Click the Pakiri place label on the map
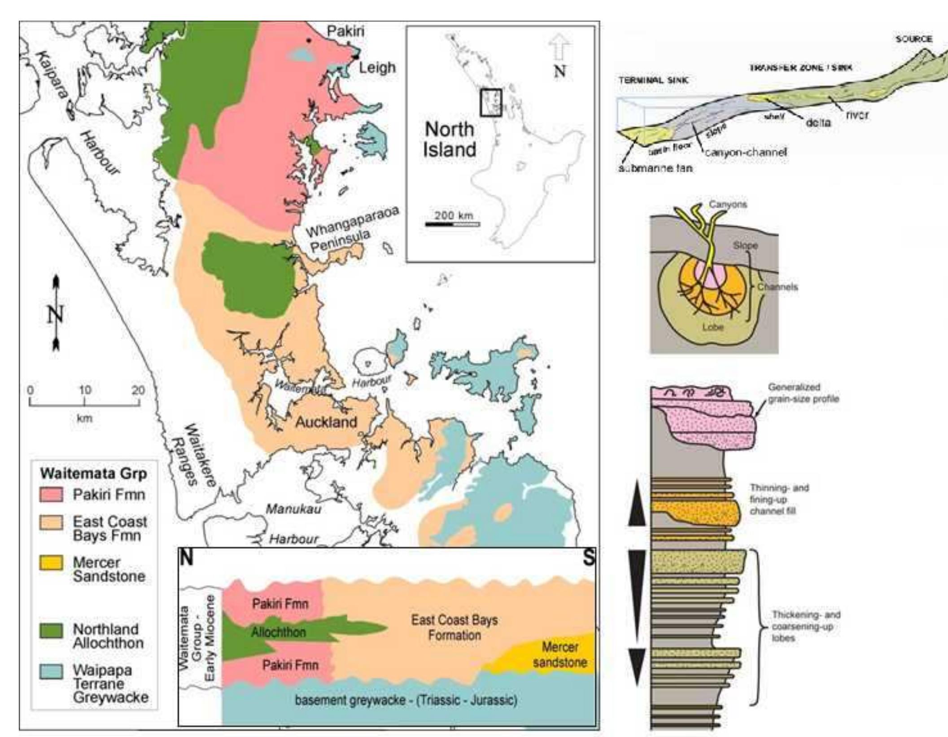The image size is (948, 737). point(345,31)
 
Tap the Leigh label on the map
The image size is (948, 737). point(377,67)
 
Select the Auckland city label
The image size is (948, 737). point(326,422)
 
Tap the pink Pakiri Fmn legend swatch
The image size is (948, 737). point(52,495)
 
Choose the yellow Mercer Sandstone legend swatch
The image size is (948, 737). point(52,562)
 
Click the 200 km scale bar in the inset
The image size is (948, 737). point(452,224)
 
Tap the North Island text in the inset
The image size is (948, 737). point(449,139)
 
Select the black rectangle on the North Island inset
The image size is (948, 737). point(490,103)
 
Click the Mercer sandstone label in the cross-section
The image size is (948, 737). point(560,654)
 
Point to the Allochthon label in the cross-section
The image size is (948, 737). point(278,632)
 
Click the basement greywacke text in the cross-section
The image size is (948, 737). point(406,712)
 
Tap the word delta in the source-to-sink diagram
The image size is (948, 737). point(818,122)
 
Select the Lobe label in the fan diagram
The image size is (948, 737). point(713,327)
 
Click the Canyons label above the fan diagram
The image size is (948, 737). point(727,205)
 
